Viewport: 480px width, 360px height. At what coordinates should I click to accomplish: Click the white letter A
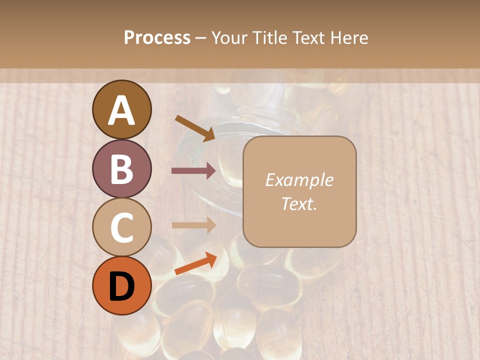click(122, 110)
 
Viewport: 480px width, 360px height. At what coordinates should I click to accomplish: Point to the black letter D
click(122, 286)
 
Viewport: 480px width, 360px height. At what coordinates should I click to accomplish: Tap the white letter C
click(122, 228)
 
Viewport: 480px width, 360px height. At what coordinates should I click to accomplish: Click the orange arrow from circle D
click(195, 263)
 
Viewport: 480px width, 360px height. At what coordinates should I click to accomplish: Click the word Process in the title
click(157, 38)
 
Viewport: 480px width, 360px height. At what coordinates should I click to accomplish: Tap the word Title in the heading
click(269, 38)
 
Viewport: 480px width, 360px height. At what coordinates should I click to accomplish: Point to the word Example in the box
click(299, 180)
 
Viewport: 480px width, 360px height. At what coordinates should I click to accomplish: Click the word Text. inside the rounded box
click(299, 204)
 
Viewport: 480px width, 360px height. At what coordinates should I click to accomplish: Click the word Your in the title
click(230, 38)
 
